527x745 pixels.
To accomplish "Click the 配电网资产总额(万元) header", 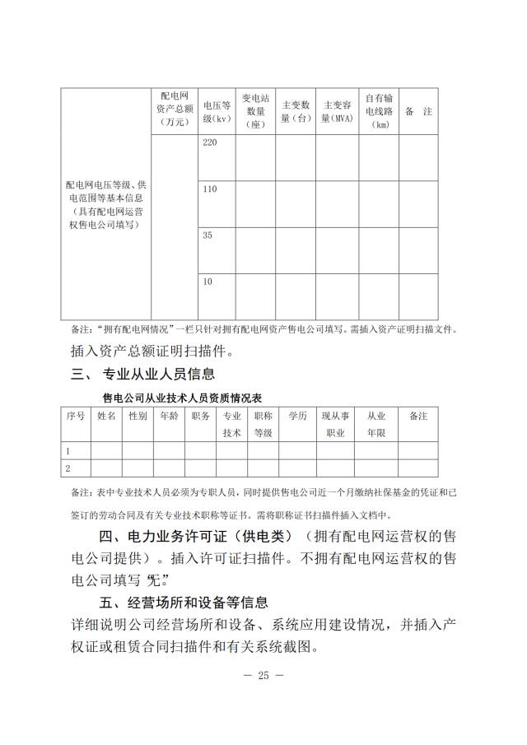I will pyautogui.click(x=174, y=109).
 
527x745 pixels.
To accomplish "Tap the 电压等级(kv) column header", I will pyautogui.click(x=216, y=111).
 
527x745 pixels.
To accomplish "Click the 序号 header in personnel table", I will pyautogui.click(x=76, y=417).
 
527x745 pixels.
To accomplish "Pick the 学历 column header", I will pyautogui.click(x=297, y=417).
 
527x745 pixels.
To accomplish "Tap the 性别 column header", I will pyautogui.click(x=138, y=417).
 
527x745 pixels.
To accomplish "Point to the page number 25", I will pyautogui.click(x=263, y=676).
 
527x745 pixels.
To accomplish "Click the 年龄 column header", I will pyautogui.click(x=169, y=417).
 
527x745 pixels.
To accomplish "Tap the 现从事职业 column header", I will pyautogui.click(x=336, y=424).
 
